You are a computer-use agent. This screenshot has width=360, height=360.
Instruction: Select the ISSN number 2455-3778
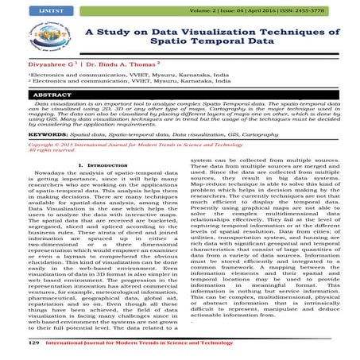[332, 10]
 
